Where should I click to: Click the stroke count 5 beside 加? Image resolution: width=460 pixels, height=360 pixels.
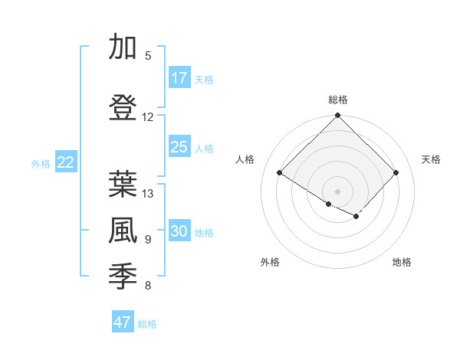click(x=148, y=56)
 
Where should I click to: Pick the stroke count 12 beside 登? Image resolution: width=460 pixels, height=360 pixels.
click(x=148, y=117)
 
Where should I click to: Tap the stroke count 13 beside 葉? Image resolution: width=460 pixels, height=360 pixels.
click(x=148, y=194)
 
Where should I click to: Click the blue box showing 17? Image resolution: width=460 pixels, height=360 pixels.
click(x=179, y=78)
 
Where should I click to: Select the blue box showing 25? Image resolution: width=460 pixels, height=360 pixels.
click(x=179, y=147)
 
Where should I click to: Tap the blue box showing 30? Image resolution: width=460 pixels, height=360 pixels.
click(x=179, y=231)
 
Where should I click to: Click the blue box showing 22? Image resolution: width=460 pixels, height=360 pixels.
click(x=66, y=162)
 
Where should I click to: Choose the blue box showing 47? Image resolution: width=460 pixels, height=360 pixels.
click(x=123, y=322)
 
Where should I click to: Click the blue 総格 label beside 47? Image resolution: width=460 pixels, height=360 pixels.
click(x=147, y=324)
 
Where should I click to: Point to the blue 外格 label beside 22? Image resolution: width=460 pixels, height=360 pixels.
click(x=41, y=163)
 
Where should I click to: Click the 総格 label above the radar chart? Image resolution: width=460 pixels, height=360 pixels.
click(x=338, y=100)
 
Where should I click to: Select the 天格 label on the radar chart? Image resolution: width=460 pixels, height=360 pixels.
click(x=432, y=159)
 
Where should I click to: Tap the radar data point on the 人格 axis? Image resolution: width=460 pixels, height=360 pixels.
click(x=280, y=173)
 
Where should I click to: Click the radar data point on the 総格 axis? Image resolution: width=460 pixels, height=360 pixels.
click(x=337, y=116)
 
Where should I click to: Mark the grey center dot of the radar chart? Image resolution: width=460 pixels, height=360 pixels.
click(x=337, y=191)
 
